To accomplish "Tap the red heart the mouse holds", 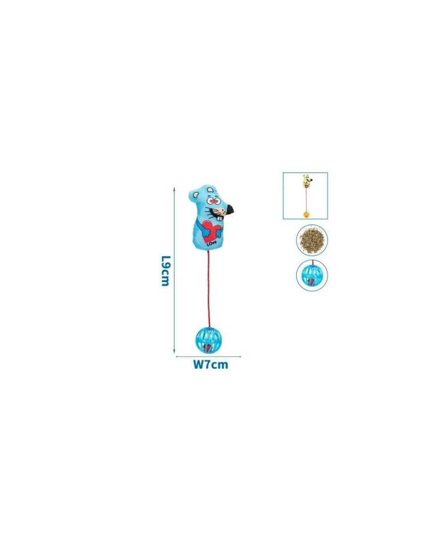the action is click(211, 230).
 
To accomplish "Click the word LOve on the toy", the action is click(211, 243).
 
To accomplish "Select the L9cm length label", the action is click(165, 271).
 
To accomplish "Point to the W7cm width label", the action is click(211, 364).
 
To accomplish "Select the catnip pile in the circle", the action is click(312, 240).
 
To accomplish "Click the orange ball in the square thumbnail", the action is click(306, 214).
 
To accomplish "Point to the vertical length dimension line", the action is click(174, 270).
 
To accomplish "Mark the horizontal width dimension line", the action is click(209, 356).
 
